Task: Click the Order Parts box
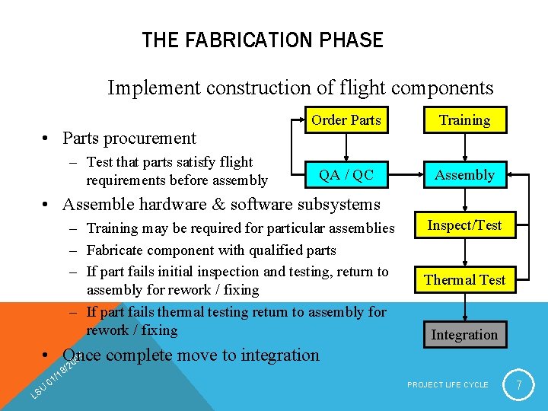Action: pos(346,120)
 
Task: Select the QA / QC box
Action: pos(346,175)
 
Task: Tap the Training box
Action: pos(464,120)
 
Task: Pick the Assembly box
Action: pos(464,175)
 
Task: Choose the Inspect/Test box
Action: pos(464,225)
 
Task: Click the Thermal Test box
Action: pos(464,280)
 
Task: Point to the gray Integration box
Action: pos(464,335)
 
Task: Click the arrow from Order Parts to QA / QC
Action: pos(346,148)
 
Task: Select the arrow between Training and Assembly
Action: pos(464,148)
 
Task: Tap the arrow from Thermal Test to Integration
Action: pos(464,307)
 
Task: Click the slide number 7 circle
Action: pos(519,386)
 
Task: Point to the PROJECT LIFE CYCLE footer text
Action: pos(448,385)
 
